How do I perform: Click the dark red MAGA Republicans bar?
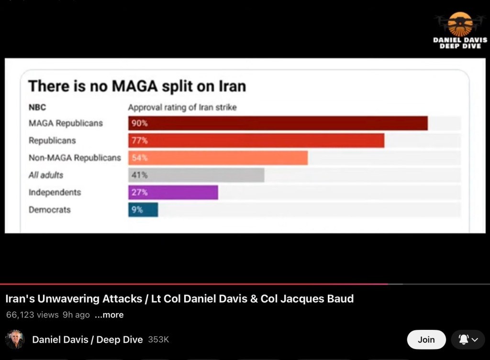pos(278,123)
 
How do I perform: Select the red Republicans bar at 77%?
pos(256,141)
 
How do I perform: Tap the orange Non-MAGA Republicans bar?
pos(218,158)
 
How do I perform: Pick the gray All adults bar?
pos(196,175)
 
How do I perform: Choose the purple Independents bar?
pos(173,192)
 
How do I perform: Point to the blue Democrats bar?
pos(143,209)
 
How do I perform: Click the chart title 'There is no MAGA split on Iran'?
pos(137,86)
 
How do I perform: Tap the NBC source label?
pos(37,108)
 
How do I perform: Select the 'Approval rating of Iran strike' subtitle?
pos(182,108)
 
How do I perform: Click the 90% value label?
pos(140,123)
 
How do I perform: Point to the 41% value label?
pos(139,175)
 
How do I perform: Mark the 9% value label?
pos(137,209)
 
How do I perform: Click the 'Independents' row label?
pos(55,192)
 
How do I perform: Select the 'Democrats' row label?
pos(49,209)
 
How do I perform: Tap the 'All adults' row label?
pos(46,175)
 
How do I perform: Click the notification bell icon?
pos(464,339)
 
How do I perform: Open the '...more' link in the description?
pos(109,315)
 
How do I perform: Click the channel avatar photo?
pos(15,339)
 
